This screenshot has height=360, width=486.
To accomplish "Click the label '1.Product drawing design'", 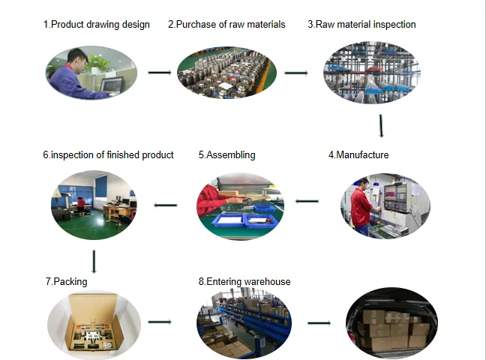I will (96, 25).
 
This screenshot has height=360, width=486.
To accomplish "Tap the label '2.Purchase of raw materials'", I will (226, 25).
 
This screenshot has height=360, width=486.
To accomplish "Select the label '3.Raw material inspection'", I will (361, 25).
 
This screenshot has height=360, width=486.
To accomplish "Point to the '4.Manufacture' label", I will (358, 155).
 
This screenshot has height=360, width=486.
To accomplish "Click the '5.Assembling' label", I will (226, 155).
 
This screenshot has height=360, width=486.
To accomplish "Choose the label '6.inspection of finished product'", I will (108, 155).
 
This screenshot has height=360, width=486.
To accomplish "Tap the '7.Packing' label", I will (66, 282).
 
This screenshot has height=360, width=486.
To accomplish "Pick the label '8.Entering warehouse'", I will (244, 282).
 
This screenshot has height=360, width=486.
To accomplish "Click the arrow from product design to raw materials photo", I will (159, 73).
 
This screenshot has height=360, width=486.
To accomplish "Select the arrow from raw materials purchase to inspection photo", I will (296, 73).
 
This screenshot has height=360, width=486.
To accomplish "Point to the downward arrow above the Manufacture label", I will (381, 125).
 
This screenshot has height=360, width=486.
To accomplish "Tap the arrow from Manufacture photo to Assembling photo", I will (307, 201).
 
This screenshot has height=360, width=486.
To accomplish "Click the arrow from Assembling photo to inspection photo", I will (165, 205).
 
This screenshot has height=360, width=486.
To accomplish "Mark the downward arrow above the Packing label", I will (94, 261).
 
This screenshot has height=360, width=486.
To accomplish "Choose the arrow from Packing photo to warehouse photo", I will (160, 322).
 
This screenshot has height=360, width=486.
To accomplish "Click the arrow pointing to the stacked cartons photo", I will (319, 323).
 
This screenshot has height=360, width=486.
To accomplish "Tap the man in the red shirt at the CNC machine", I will (361, 207).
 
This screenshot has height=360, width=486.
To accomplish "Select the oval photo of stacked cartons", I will (391, 322).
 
